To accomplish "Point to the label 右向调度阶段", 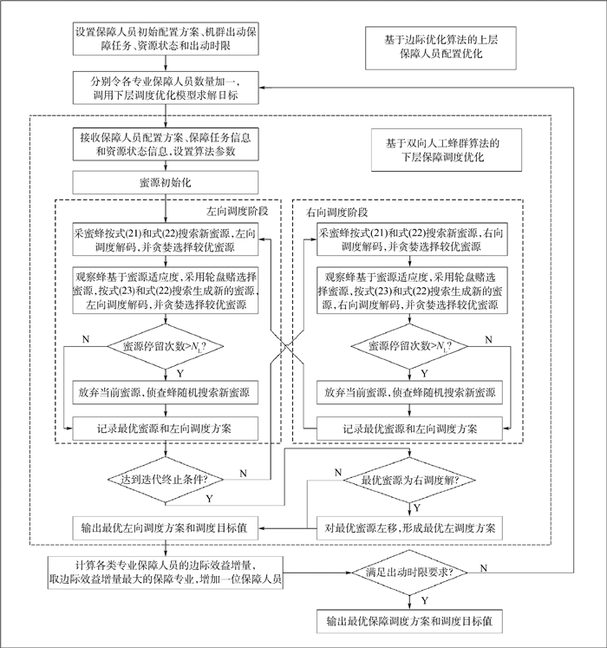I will (x=338, y=212).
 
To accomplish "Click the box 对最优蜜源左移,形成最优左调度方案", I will (x=409, y=526).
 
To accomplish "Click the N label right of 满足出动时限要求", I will (x=483, y=566).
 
